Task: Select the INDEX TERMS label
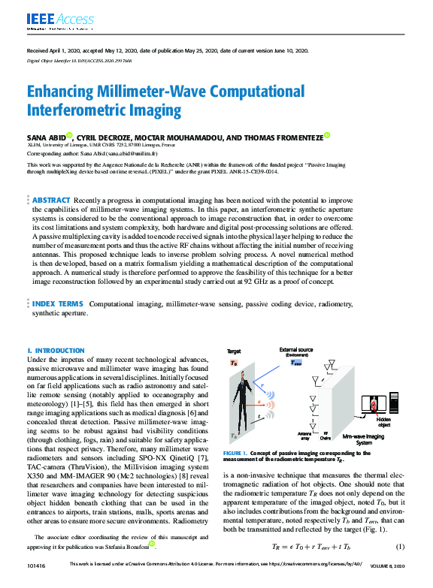[57, 303]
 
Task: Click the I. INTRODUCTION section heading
[56, 351]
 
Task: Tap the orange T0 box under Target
[235, 362]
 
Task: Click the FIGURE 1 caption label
[239, 454]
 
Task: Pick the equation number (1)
[401, 546]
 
